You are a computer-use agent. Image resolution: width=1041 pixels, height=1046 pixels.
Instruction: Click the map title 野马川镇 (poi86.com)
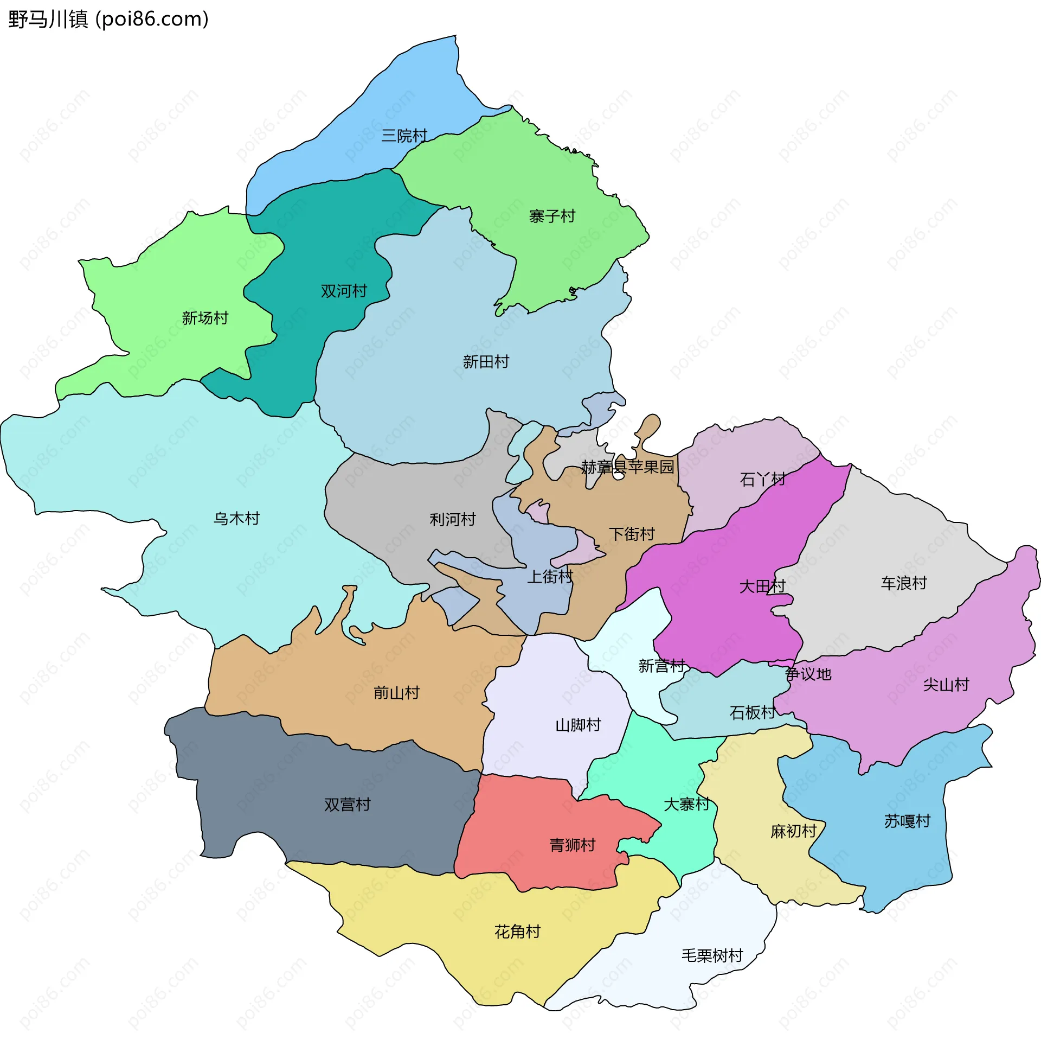(108, 20)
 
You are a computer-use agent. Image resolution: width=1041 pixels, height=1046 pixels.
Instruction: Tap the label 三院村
(404, 136)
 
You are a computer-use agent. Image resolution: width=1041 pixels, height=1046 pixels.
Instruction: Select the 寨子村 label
(552, 216)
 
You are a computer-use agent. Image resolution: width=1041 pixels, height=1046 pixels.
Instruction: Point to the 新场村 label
(205, 318)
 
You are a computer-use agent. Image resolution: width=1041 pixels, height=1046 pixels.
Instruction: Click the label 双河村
(344, 291)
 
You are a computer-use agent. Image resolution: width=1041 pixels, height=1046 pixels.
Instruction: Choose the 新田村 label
(486, 362)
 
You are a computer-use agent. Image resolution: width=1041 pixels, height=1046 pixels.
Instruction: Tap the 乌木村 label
(236, 519)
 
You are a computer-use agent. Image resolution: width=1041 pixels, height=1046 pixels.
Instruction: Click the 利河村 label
(453, 520)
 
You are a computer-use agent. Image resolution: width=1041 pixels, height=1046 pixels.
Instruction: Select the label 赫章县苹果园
(627, 467)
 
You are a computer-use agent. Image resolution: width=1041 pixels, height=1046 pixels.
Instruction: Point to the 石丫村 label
(762, 480)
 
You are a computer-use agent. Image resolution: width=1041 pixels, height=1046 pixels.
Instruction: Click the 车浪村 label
(904, 583)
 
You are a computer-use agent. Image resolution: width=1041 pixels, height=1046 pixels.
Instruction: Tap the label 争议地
(808, 674)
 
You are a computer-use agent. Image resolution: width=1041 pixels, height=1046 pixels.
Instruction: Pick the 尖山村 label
(946, 685)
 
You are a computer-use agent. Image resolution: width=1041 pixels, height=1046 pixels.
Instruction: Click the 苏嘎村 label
(907, 821)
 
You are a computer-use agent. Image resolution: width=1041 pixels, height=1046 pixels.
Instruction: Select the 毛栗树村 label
(712, 956)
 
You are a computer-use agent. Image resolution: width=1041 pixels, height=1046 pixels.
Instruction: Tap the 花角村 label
(517, 932)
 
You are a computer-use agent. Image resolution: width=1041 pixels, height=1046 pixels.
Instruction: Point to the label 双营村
(347, 805)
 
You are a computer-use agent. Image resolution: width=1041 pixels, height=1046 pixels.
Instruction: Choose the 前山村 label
(396, 693)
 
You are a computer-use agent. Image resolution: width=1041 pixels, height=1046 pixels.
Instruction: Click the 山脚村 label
(578, 725)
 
